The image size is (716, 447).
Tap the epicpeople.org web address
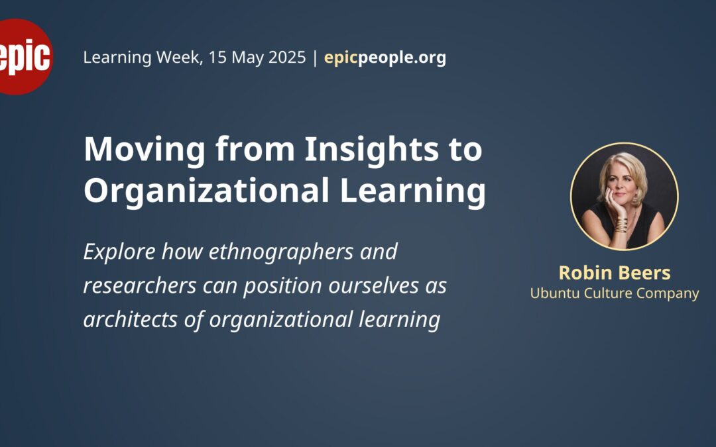385,58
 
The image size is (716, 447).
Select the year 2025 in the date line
287,58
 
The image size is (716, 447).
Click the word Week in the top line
179,58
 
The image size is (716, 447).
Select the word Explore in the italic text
119,252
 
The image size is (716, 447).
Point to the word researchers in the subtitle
140,286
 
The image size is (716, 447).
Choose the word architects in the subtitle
131,319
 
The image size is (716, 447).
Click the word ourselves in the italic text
373,286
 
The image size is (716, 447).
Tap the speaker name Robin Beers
615,273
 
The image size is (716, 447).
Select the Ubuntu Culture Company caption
615,293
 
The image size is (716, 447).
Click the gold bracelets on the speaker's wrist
621,225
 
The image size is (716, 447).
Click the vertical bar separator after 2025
315,58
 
